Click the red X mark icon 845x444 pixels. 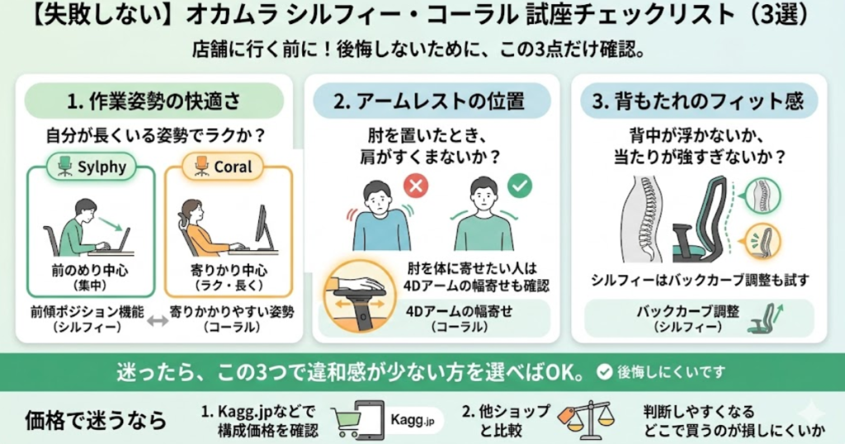point(415,187)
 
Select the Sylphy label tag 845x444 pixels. point(92,166)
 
